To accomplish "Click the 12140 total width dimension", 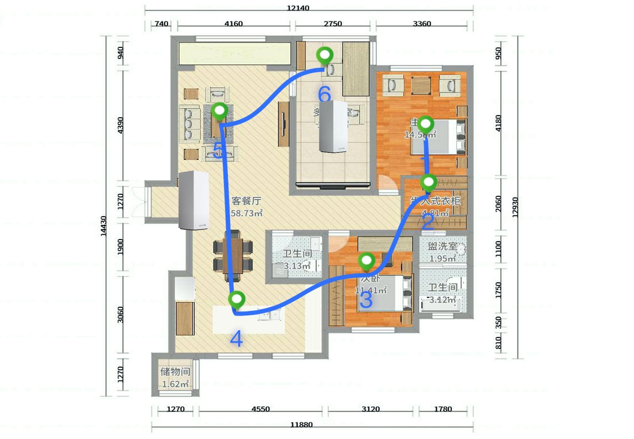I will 298,8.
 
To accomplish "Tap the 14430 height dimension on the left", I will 104,226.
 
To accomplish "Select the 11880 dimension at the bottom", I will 301,424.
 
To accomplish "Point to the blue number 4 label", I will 236,339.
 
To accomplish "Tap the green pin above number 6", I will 324,55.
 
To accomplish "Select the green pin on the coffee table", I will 220,111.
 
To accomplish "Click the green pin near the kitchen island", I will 236,300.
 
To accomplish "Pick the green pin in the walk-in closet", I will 428,182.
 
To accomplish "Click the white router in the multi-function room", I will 333,127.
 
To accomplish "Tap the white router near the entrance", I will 193,200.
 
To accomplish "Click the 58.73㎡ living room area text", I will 247,213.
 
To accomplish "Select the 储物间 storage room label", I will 175,372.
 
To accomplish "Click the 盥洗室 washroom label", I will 442,246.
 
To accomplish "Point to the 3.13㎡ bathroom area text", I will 297,266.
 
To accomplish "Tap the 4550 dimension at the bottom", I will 260,409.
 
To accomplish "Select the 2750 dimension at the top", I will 333,24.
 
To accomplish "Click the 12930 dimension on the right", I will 515,207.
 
